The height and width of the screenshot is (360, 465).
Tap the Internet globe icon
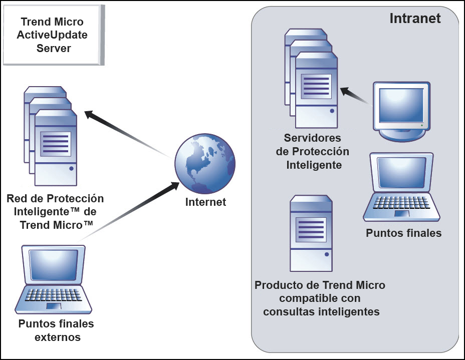[204, 164]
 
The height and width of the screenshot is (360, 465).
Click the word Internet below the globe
[205, 202]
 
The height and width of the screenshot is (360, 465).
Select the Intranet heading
[415, 19]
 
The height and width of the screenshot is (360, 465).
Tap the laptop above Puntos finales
[401, 188]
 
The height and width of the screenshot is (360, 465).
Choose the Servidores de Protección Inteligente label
[313, 151]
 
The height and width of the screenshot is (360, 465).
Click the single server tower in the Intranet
[311, 233]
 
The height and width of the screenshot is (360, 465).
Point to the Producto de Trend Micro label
[320, 298]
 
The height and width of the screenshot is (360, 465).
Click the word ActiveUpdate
[53, 35]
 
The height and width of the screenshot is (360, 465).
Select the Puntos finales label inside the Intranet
[403, 233]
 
